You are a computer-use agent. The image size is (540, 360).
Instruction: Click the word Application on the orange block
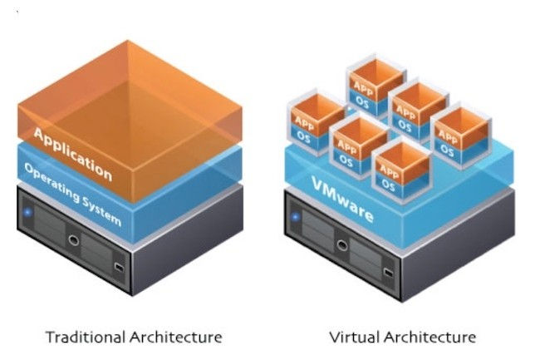tap(72, 153)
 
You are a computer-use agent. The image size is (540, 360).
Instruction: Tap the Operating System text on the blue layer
tap(72, 196)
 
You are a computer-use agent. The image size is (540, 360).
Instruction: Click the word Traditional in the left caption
tap(86, 337)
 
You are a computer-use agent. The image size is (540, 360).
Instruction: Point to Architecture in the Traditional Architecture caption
tap(176, 337)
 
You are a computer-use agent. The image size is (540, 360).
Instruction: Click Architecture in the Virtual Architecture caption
tap(430, 337)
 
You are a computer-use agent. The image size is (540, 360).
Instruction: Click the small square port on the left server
tap(120, 269)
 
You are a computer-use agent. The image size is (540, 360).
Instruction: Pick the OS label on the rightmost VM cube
tap(447, 150)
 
